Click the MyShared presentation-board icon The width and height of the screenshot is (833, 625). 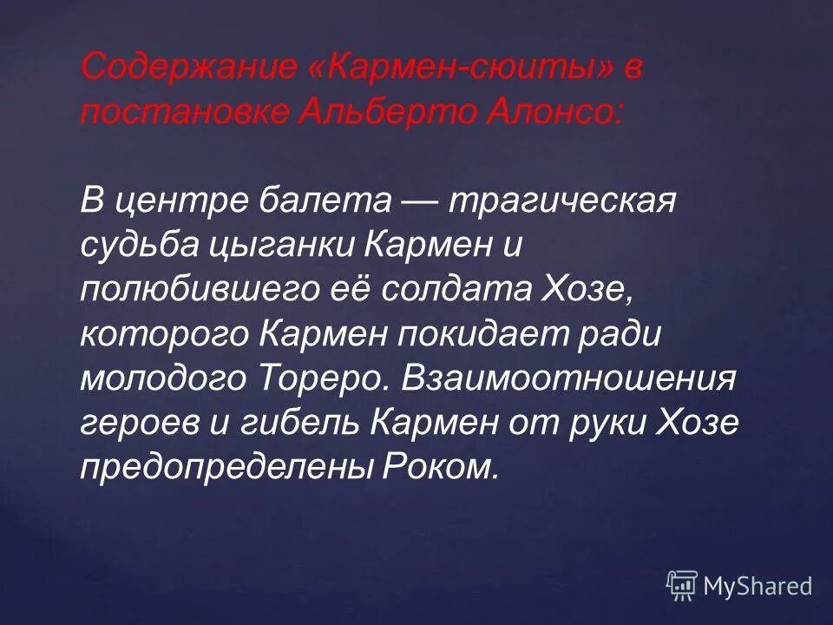click(682, 586)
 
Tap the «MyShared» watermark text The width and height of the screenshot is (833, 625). click(758, 586)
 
